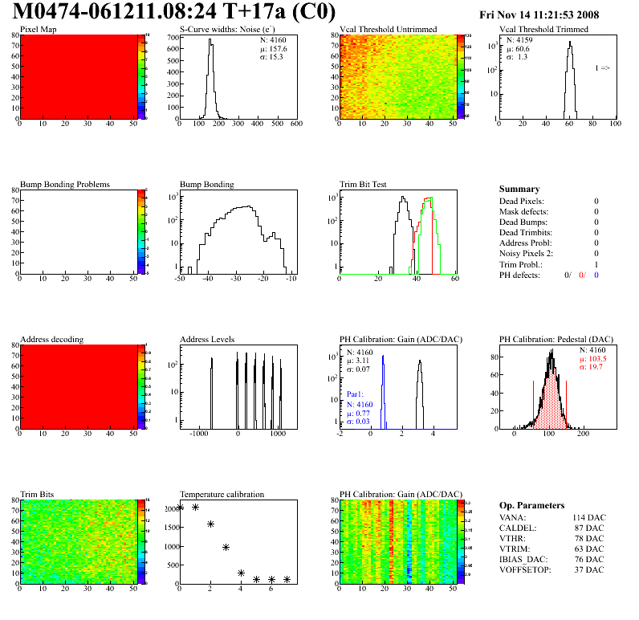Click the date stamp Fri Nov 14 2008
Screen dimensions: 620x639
(x=539, y=14)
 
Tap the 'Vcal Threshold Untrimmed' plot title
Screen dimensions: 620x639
(x=388, y=30)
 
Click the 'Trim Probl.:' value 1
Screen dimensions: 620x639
(x=596, y=264)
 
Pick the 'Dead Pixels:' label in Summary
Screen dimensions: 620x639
(x=522, y=201)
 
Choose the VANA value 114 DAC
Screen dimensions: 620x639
(x=588, y=517)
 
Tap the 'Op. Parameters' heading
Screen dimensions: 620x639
(x=531, y=505)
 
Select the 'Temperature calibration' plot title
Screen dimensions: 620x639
(x=222, y=494)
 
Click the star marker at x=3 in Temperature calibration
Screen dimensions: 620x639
(x=226, y=548)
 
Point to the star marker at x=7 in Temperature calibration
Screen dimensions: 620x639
(x=287, y=579)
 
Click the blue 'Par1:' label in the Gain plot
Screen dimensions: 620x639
(x=356, y=395)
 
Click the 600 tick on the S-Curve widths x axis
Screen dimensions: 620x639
(x=295, y=124)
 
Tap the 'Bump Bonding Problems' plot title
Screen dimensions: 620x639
(x=64, y=184)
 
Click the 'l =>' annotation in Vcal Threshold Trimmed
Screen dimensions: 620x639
(x=602, y=68)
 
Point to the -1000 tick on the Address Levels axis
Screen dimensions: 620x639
(x=198, y=434)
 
